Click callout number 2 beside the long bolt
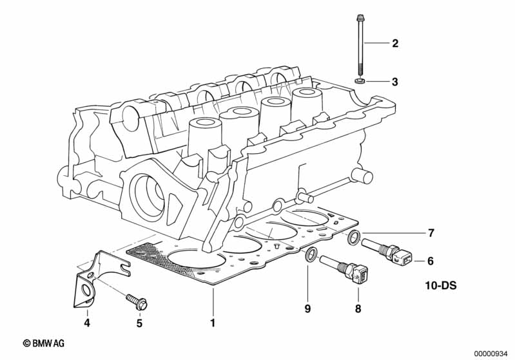click(x=395, y=44)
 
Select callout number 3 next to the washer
click(x=395, y=82)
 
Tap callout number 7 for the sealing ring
click(x=431, y=232)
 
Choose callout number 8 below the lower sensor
click(x=358, y=309)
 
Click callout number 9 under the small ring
click(x=308, y=309)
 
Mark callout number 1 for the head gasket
click(x=211, y=321)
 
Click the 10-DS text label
click(x=440, y=285)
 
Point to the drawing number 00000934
click(x=492, y=352)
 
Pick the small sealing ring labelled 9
click(x=310, y=256)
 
